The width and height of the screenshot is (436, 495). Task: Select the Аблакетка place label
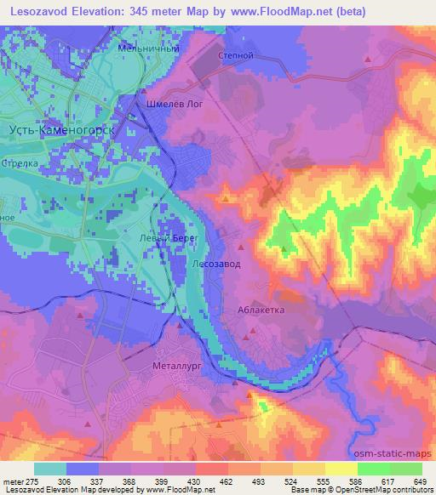(x=261, y=310)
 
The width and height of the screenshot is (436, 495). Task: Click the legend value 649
(x=418, y=481)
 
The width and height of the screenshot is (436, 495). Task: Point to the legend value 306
(x=74, y=481)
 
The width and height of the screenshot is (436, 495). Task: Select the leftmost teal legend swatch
(x=50, y=469)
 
